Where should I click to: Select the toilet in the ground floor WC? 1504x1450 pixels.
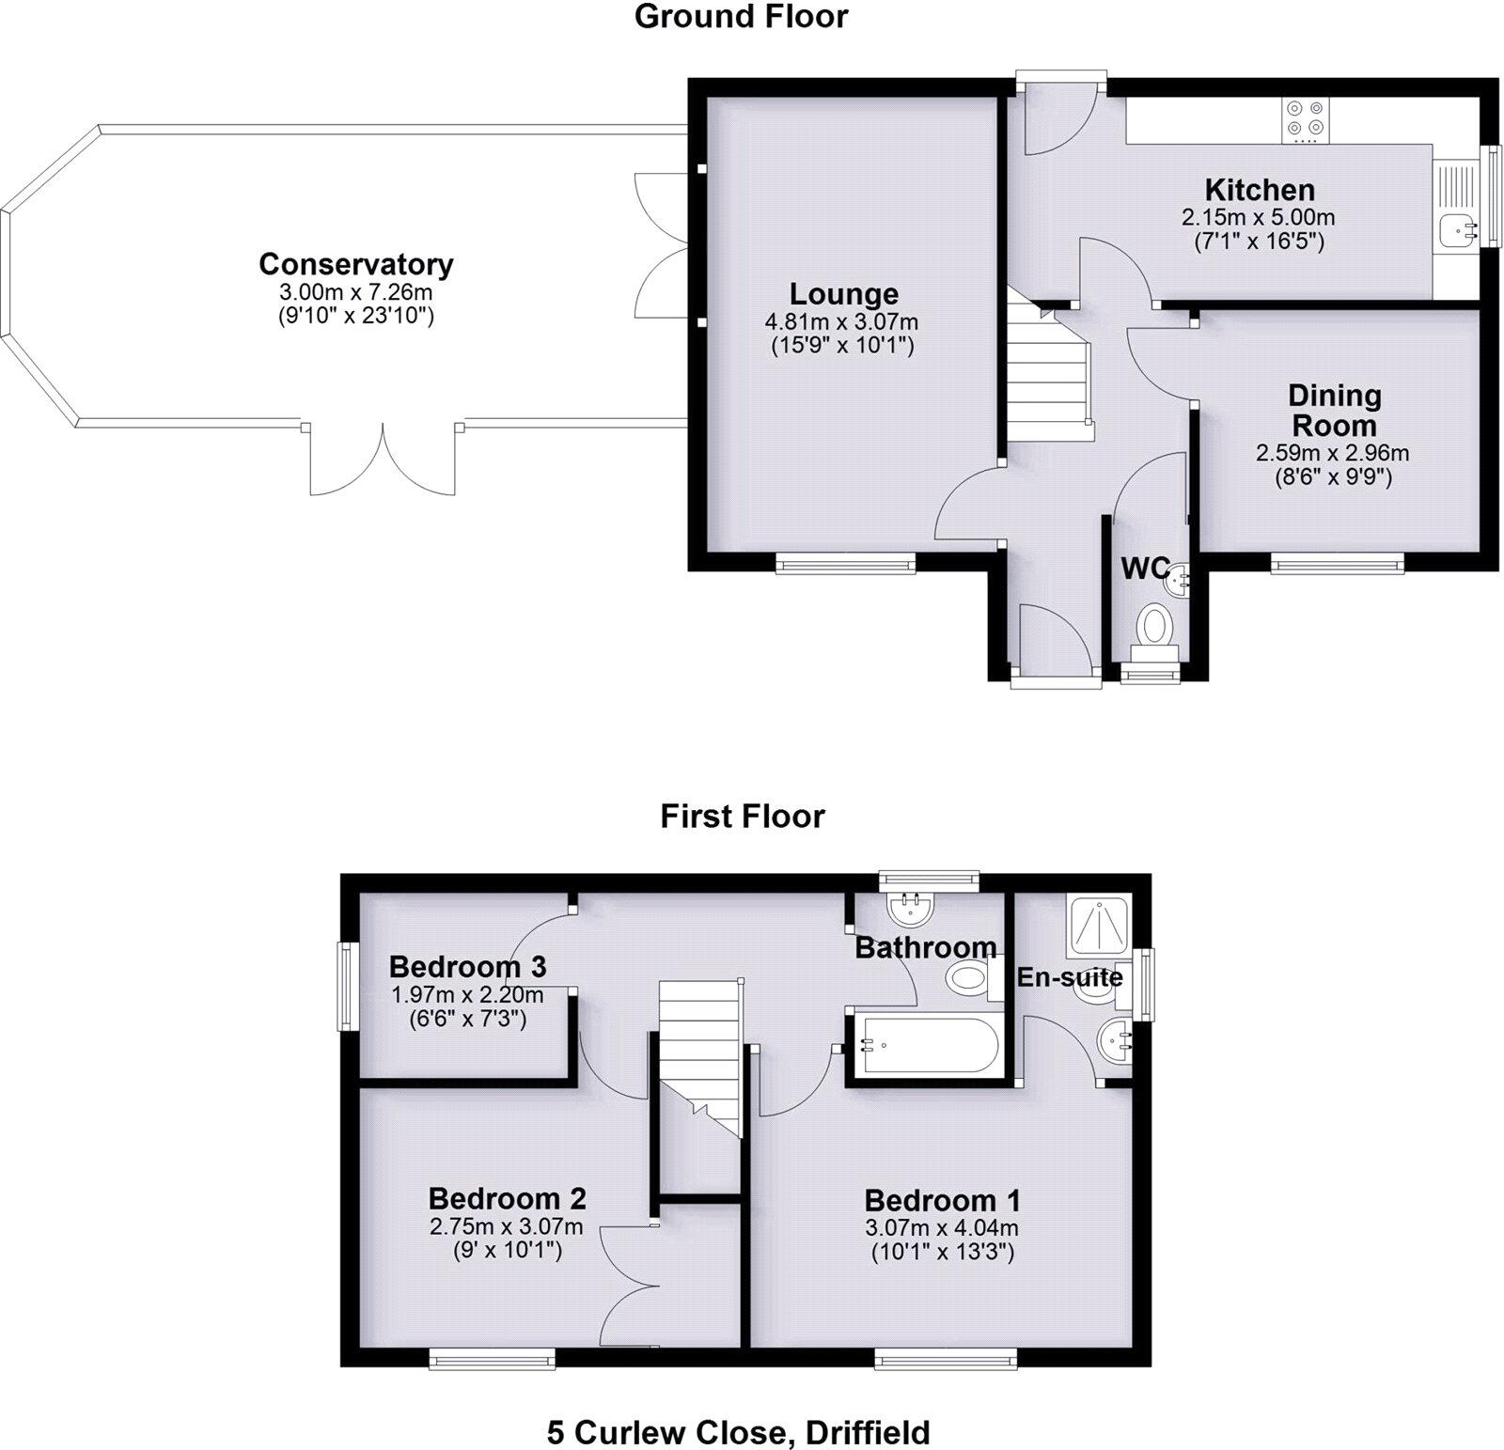pyautogui.click(x=1153, y=628)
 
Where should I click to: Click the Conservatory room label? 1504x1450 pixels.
pyautogui.click(x=356, y=264)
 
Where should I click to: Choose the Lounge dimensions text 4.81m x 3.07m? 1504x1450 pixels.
pyautogui.click(x=841, y=321)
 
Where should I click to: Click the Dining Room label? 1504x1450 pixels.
pyautogui.click(x=1334, y=410)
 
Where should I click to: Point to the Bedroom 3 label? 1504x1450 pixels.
pyautogui.click(x=467, y=966)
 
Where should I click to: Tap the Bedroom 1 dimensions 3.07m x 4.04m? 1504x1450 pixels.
pyautogui.click(x=942, y=1227)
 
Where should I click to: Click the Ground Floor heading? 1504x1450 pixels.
pyautogui.click(x=741, y=16)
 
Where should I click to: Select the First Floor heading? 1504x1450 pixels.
pyautogui.click(x=742, y=816)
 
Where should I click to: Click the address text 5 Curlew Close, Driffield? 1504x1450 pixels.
pyautogui.click(x=739, y=1432)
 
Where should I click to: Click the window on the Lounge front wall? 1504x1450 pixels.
pyautogui.click(x=845, y=563)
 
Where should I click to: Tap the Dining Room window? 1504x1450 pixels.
pyautogui.click(x=1338, y=563)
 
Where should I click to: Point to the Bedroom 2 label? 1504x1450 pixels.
pyautogui.click(x=507, y=1198)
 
